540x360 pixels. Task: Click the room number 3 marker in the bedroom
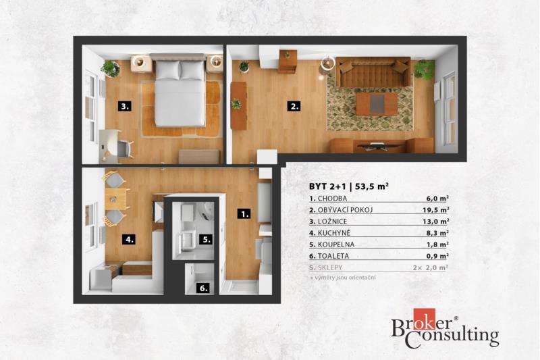pos(124,106)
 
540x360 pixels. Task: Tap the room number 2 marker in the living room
pos(294,106)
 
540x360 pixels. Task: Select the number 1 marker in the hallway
pos(244,214)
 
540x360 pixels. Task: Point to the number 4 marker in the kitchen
pos(129,239)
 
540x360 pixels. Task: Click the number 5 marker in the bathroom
pos(206,239)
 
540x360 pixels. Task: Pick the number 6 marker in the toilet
pos(204,288)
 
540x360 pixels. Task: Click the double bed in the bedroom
pos(180,91)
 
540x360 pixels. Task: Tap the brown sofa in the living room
pos(373,72)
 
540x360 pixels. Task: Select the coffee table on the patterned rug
pos(376,105)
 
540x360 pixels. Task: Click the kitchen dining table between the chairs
pos(115,199)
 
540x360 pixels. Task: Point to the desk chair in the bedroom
pos(125,149)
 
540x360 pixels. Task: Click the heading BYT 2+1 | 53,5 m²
pos(349,186)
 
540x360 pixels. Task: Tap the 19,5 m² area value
pos(435,210)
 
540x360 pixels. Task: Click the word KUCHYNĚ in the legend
pos(333,233)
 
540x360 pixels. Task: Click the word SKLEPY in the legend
pos(330,267)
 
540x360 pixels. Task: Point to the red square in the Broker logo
pos(425,319)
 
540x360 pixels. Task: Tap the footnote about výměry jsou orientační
pos(343,278)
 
